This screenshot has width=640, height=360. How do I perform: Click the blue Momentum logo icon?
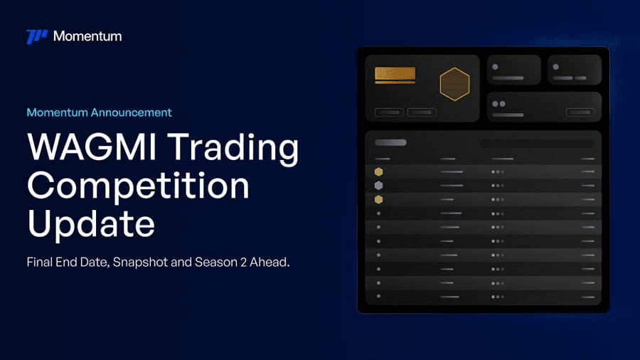pos(37,36)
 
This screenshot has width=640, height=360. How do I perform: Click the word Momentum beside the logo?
pos(87,36)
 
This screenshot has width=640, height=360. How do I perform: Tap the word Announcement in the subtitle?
pos(132,112)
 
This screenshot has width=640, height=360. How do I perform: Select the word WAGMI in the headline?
pos(92,147)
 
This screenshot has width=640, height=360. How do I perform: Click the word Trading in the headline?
pos(233,149)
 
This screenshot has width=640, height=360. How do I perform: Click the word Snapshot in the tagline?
pos(140,263)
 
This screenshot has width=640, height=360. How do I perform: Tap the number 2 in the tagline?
pos(243,262)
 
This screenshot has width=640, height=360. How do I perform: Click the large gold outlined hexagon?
pos(454,84)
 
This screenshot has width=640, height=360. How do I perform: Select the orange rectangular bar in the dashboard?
pos(395,74)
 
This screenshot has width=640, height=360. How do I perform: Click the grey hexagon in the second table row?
pos(379,186)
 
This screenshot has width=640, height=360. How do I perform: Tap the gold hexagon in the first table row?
pos(379,172)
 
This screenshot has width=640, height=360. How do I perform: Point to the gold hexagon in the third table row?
pos(379,199)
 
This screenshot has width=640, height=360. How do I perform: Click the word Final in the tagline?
pos(40,262)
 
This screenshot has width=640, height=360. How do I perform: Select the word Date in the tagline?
pos(95,263)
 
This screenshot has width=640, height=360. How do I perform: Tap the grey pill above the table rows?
pos(390,142)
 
